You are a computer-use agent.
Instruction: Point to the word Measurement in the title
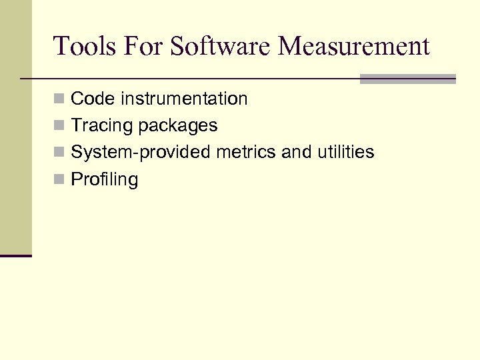tap(355, 46)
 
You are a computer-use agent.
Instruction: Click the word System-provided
tap(141, 153)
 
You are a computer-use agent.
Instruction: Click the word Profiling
tap(105, 180)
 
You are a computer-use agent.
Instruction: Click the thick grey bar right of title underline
tap(407, 79)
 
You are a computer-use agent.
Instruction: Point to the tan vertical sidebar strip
tap(15, 127)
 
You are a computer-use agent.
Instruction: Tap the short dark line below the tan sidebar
tap(15, 255)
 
